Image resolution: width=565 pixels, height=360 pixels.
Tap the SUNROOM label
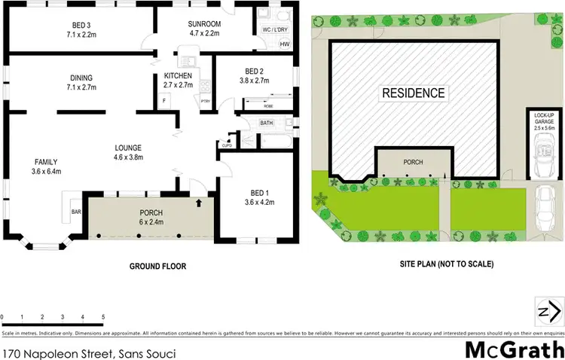click(x=203, y=24)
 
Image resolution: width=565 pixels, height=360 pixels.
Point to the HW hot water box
click(x=285, y=44)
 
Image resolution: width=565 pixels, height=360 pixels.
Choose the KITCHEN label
click(x=178, y=76)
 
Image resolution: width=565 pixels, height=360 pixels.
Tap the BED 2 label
click(x=253, y=72)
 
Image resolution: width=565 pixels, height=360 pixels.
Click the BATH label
click(x=267, y=123)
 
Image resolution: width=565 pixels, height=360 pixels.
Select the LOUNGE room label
click(x=128, y=147)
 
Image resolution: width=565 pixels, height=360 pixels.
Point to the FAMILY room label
click(x=45, y=162)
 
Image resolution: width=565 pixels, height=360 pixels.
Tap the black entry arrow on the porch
click(x=199, y=202)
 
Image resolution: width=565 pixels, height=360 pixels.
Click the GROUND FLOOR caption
click(x=158, y=266)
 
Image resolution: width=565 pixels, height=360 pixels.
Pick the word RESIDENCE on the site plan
click(x=413, y=94)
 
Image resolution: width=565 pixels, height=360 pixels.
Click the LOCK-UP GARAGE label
click(x=544, y=118)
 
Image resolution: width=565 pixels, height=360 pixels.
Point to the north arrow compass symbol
click(x=548, y=310)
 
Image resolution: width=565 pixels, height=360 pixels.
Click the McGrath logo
click(x=514, y=349)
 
